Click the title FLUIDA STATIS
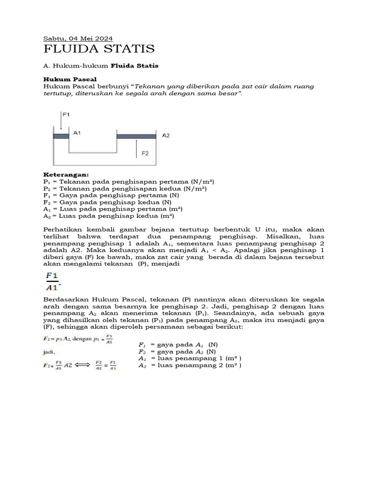99,49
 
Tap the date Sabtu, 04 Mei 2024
78,38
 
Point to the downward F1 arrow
61,122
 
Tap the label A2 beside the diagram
166,135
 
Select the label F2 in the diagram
146,154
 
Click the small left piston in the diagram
61,136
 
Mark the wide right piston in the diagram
137,136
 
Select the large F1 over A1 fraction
52,281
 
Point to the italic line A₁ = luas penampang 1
189,358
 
